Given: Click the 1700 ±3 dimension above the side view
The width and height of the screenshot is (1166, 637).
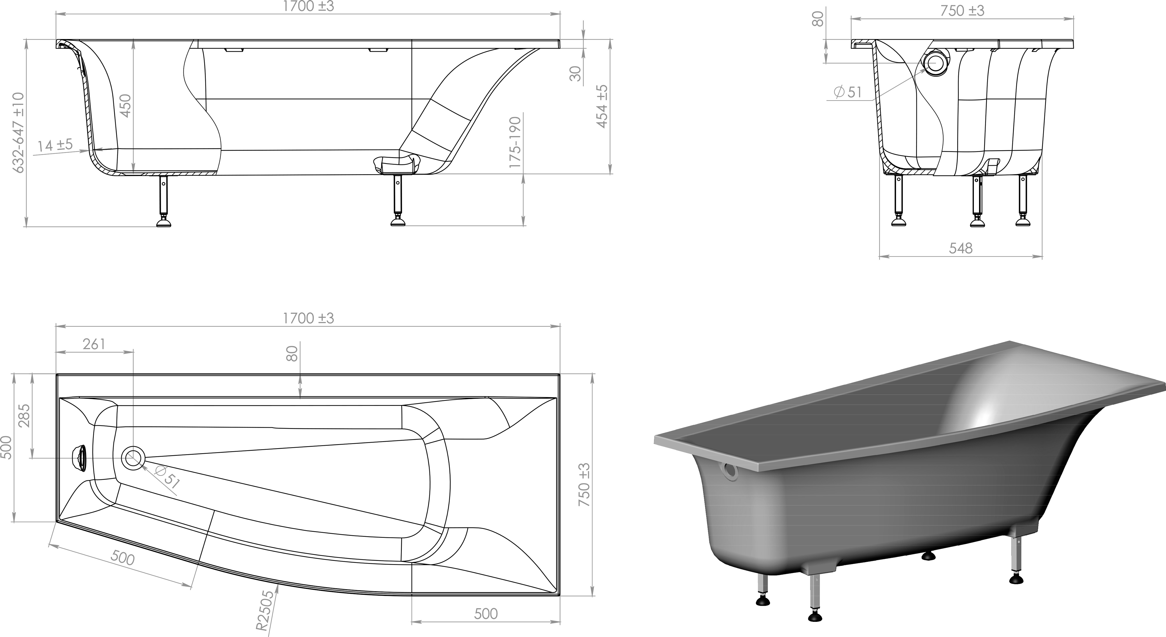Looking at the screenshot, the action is pyautogui.click(x=308, y=6).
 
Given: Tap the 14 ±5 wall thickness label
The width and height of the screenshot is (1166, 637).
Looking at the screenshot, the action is pyautogui.click(x=55, y=146).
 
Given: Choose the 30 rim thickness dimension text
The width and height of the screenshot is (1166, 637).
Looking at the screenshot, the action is pyautogui.click(x=575, y=73).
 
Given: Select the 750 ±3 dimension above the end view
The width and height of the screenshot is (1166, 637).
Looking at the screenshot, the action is pyautogui.click(x=962, y=10).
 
